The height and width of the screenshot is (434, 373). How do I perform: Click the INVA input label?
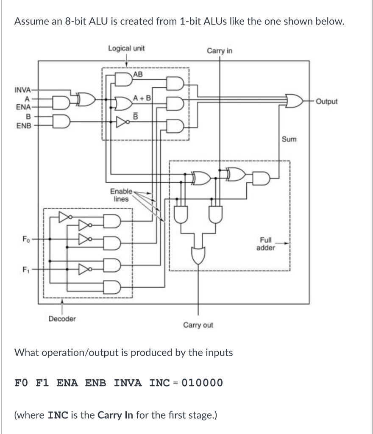[22, 90]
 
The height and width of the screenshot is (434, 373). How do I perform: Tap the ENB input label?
[22, 126]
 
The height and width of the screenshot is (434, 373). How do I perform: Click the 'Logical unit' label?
[126, 48]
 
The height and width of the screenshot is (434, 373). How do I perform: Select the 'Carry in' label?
[219, 51]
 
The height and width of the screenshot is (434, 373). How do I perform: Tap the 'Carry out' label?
[198, 325]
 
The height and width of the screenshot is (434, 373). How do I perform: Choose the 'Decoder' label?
[62, 319]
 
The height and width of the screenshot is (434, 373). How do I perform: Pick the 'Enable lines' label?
[121, 195]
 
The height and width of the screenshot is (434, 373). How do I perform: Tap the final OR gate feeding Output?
[294, 102]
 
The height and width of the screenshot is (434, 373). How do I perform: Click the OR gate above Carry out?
[198, 255]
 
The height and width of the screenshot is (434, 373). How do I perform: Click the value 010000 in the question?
[202, 383]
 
